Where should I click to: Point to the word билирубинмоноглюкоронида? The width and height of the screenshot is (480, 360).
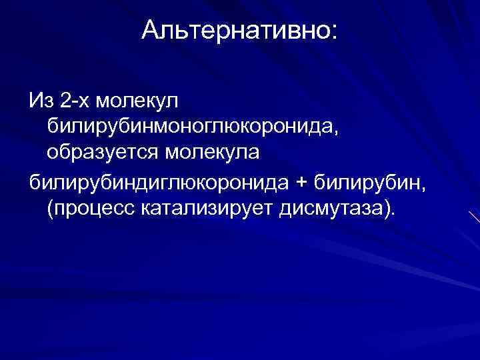point(190,127)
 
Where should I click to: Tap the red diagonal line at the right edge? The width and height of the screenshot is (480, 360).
point(474,217)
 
